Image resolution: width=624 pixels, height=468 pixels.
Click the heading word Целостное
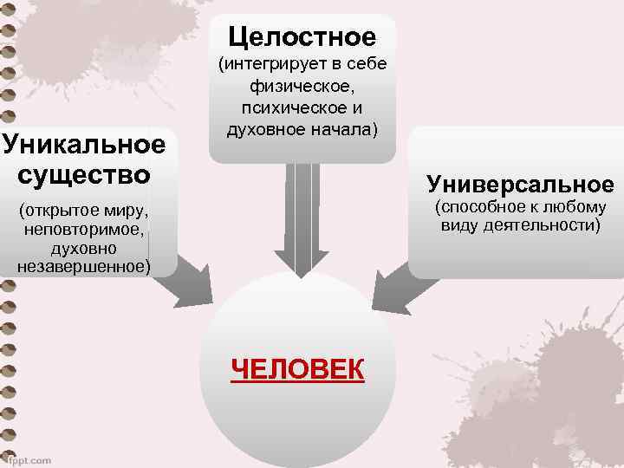click(302, 37)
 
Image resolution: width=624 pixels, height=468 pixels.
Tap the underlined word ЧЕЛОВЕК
click(298, 368)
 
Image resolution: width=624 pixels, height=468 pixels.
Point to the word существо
click(83, 172)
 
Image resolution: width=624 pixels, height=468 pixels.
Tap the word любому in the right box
click(573, 206)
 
